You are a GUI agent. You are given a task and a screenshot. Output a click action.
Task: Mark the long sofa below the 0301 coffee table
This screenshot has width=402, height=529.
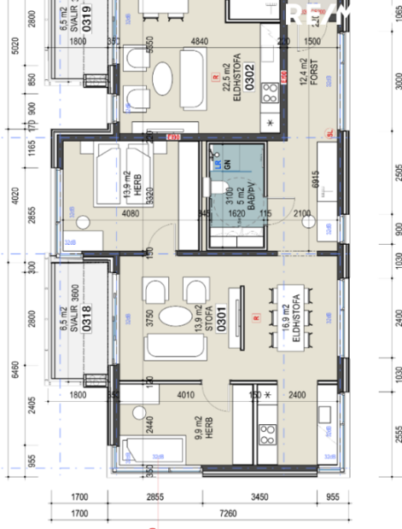pos(175,346)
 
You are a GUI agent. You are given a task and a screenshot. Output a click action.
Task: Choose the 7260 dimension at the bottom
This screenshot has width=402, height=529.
pos(228,514)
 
